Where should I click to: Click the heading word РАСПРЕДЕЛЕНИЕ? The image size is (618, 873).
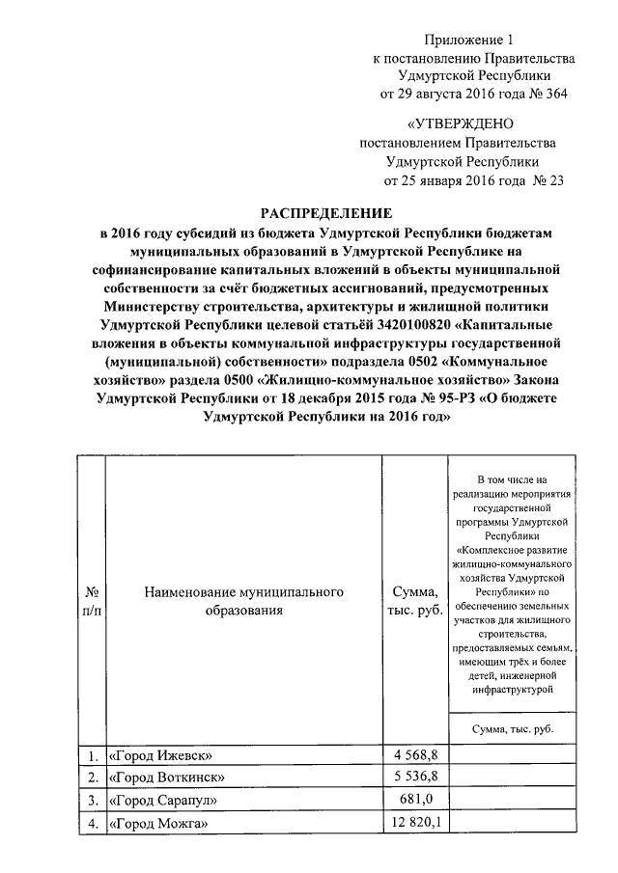tap(329, 212)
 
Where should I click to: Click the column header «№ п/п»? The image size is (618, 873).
tap(89, 600)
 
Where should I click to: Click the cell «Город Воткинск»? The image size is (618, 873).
tap(167, 778)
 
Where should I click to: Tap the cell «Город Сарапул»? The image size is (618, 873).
tap(163, 801)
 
